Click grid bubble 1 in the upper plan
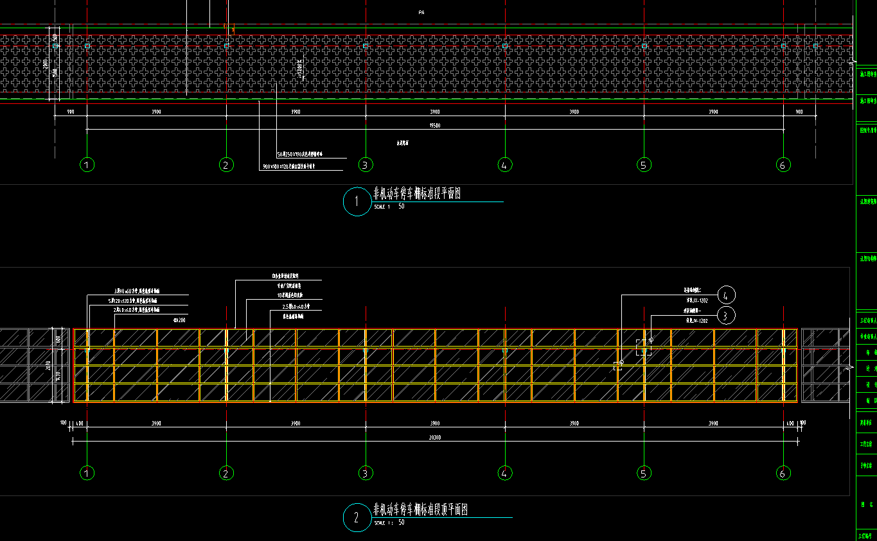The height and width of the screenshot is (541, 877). (x=88, y=165)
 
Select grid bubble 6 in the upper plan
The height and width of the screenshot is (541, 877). (x=783, y=165)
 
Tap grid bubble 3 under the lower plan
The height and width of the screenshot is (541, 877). (x=365, y=474)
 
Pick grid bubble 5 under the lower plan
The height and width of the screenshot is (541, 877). (x=644, y=474)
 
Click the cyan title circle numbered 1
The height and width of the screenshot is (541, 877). (x=357, y=202)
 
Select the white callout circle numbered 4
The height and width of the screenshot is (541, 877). (x=725, y=295)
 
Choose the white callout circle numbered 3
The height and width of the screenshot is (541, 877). (x=725, y=315)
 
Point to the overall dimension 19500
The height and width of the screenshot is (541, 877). (x=435, y=125)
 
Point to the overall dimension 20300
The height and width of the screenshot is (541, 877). (x=435, y=437)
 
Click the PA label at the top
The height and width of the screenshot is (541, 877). (x=421, y=12)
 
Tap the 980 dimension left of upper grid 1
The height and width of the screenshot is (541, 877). (x=71, y=112)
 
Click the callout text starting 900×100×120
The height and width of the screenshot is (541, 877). (x=293, y=167)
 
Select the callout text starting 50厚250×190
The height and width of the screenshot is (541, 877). (x=304, y=155)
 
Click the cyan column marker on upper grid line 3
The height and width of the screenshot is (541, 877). (x=365, y=46)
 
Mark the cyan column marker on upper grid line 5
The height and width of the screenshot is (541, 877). (x=644, y=46)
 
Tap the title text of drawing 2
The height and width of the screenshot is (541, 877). (x=421, y=510)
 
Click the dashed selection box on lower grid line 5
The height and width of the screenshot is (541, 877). (x=643, y=347)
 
